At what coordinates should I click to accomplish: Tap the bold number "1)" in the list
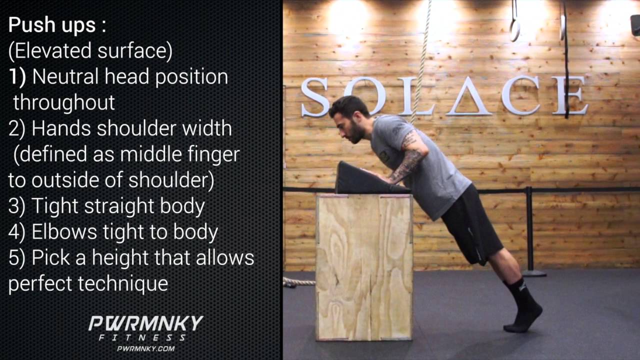18,77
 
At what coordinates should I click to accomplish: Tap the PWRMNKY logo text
145,323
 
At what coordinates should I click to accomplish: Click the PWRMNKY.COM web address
145,348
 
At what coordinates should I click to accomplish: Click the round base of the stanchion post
533,273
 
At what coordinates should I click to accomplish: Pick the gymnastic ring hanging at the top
514,27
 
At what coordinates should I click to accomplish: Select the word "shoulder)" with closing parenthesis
170,180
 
